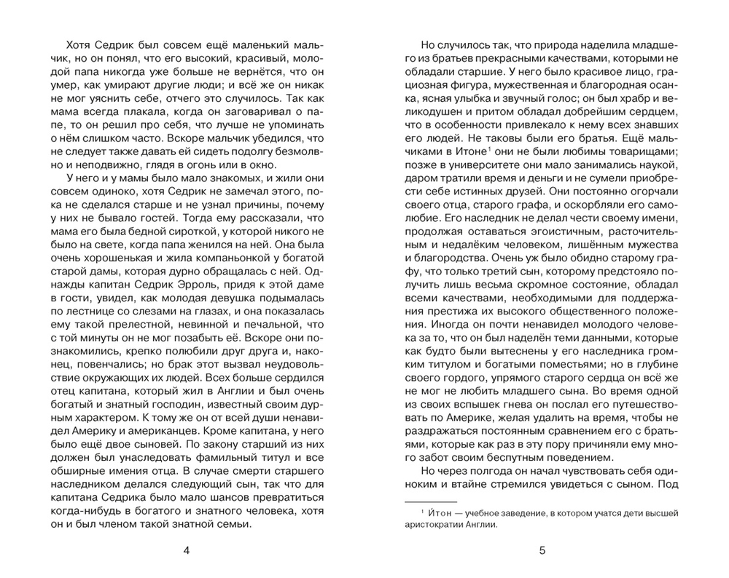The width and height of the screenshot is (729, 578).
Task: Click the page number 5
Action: coord(542,550)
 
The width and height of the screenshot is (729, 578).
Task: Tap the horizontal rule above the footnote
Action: coord(430,502)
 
